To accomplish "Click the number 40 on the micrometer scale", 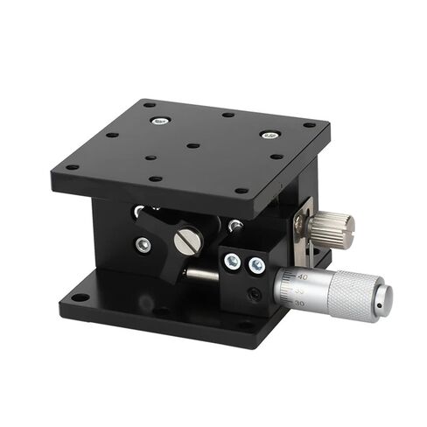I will (302, 276).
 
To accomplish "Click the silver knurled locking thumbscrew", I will (334, 226).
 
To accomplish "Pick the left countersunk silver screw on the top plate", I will (157, 120).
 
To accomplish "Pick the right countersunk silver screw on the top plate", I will (269, 136).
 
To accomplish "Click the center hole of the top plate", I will (193, 145).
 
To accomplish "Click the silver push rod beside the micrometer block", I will (203, 275).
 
